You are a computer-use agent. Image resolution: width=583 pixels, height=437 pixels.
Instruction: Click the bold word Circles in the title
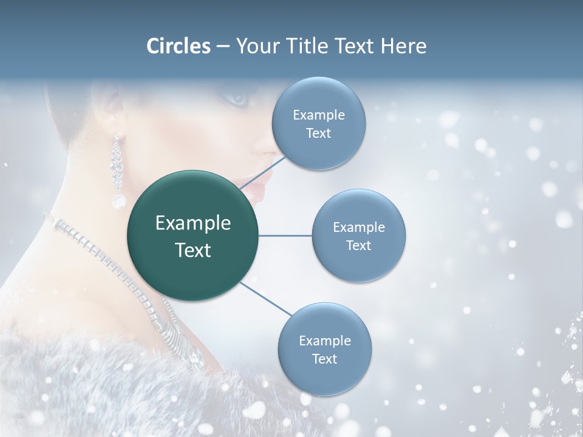click(179, 46)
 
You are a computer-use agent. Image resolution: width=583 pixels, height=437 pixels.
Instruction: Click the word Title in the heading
click(307, 46)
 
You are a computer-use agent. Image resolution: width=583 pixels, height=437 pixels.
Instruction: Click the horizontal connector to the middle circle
click(285, 235)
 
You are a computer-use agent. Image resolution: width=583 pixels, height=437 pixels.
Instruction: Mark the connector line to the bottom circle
click(266, 299)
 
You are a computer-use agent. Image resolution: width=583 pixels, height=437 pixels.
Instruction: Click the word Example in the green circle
click(193, 223)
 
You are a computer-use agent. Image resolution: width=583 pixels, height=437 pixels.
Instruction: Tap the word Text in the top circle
click(318, 134)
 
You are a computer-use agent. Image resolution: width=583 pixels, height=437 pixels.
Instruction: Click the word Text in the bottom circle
click(324, 359)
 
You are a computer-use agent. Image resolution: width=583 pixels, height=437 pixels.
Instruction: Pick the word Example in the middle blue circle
click(358, 228)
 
